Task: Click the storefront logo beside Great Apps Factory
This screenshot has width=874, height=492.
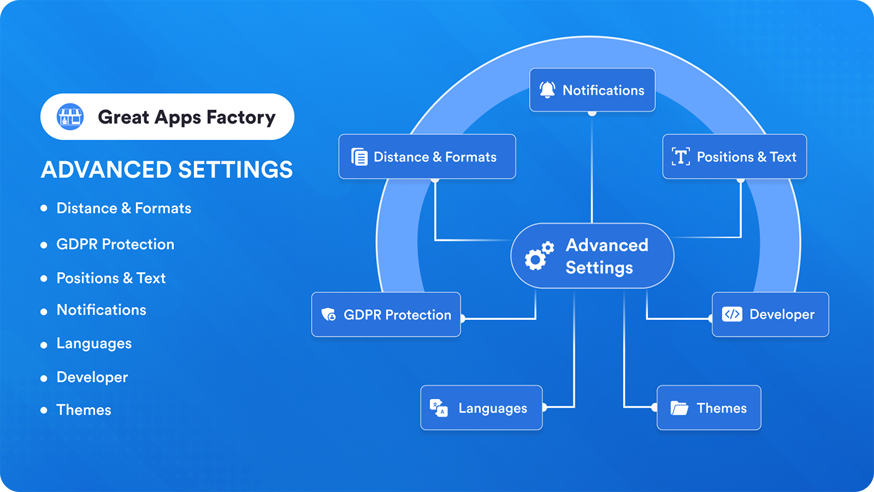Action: [x=70, y=116]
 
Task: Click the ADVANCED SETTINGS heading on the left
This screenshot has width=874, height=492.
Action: [x=167, y=170]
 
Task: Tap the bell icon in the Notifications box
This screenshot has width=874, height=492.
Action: [x=547, y=90]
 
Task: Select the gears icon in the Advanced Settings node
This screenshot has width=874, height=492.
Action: [x=539, y=256]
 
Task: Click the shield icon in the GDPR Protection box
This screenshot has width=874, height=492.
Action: [x=328, y=314]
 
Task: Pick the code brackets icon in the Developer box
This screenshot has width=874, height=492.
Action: [x=732, y=314]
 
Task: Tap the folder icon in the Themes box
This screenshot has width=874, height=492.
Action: [x=679, y=408]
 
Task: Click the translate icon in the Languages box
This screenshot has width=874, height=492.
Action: [x=439, y=408]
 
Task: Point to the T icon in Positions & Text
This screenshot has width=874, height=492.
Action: [x=681, y=157]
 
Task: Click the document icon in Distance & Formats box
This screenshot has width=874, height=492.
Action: [x=359, y=157]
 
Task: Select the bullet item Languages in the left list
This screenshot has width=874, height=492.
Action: [x=94, y=344]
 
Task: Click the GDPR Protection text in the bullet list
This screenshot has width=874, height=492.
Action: [x=115, y=244]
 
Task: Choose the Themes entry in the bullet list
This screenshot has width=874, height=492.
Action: [x=84, y=410]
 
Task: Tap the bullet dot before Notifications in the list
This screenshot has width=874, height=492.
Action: [x=44, y=312]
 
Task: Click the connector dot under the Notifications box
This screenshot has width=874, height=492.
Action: [x=592, y=113]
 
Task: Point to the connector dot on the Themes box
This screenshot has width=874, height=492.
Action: [x=654, y=407]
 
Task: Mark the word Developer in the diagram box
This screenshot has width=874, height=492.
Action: [x=782, y=314]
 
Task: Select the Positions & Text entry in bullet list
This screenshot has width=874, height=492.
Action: [x=111, y=278]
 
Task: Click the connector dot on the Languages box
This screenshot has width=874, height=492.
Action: [x=544, y=407]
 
